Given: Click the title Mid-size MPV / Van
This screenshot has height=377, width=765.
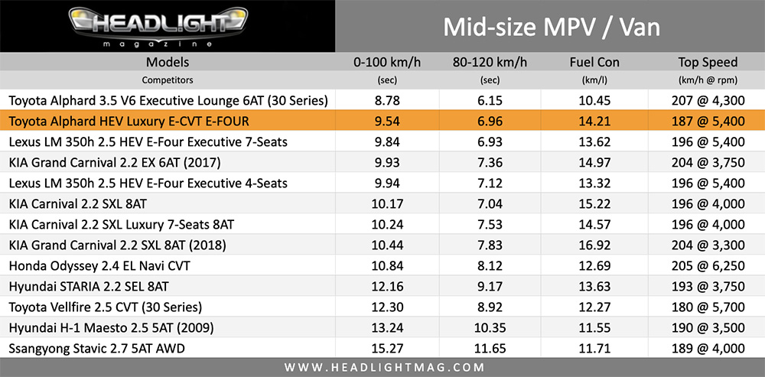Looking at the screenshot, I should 551,28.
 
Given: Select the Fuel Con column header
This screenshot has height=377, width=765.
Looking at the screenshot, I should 594,62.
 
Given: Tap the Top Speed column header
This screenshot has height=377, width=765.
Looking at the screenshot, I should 708,62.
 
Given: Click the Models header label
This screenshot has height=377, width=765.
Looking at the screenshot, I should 167,62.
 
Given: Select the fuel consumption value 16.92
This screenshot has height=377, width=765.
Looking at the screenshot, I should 594,245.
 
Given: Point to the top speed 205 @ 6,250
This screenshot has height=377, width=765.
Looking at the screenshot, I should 708,266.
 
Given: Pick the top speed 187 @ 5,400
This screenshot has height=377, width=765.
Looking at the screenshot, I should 708,121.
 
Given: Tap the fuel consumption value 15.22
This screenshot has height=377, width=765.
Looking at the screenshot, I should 594,204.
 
